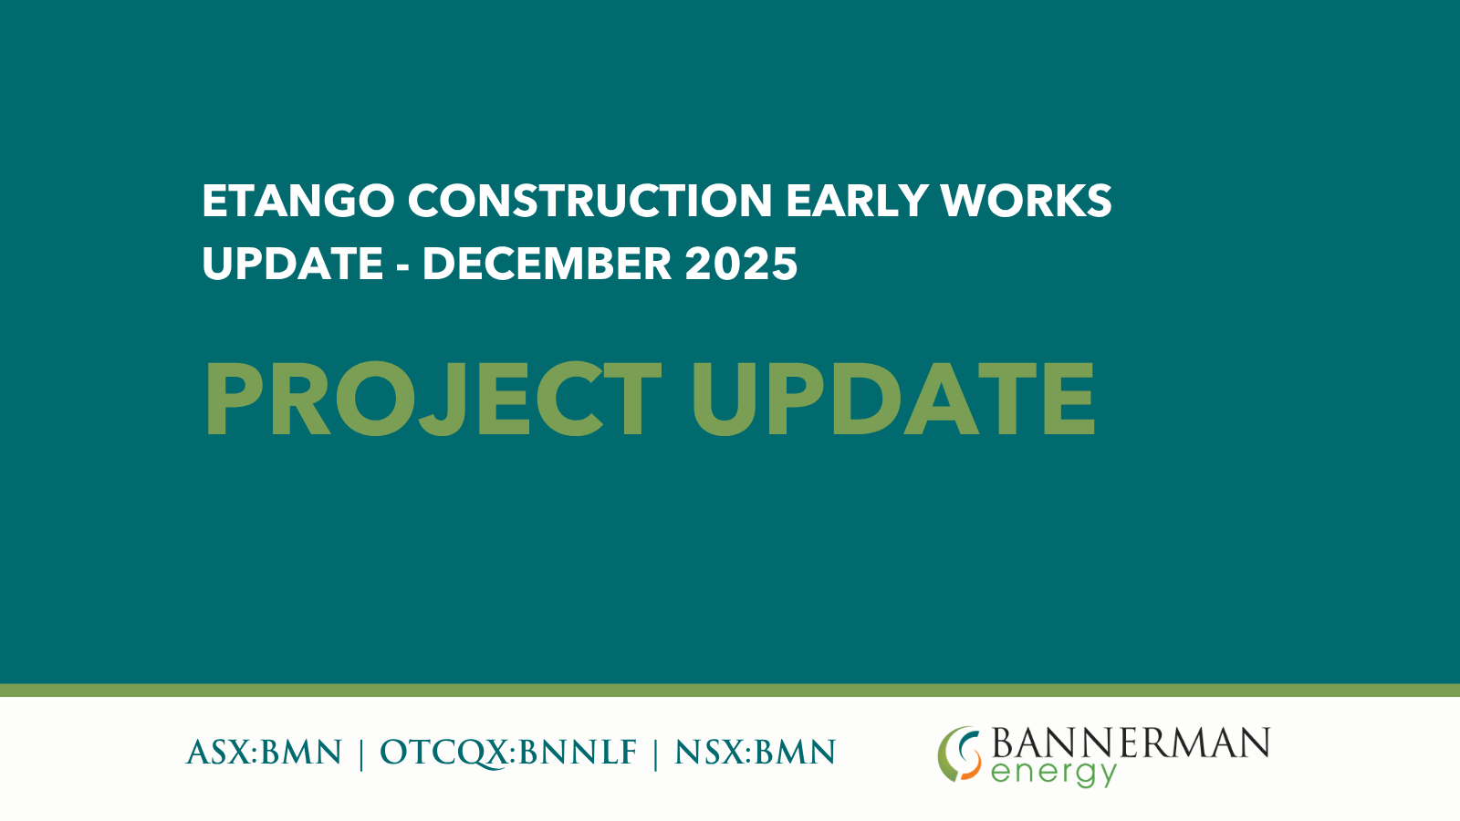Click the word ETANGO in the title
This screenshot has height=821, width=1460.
(298, 200)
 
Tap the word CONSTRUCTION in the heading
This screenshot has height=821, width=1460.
(590, 200)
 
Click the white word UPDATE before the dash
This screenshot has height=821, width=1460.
(293, 264)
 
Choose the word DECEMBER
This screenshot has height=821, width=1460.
(547, 264)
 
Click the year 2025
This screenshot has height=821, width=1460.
(741, 264)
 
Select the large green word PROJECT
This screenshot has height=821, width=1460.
(433, 399)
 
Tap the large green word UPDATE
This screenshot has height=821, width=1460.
(893, 399)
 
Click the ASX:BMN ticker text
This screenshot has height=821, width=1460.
(264, 753)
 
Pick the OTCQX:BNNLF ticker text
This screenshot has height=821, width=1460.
(508, 753)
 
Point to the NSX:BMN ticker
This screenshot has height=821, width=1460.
(755, 753)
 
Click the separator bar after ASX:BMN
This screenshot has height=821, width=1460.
(361, 753)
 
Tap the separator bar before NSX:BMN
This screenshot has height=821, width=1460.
(656, 753)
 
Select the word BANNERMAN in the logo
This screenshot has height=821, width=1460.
(1131, 743)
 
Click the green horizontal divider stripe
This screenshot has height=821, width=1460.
(730, 690)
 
